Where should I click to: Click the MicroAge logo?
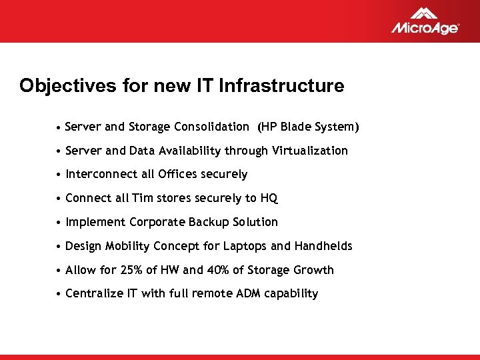[425, 21]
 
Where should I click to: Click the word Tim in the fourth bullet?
[141, 199]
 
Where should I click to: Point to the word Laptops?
[246, 246]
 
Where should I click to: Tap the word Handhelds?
[323, 246]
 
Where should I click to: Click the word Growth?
[313, 270]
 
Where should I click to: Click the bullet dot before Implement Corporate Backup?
[59, 223]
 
